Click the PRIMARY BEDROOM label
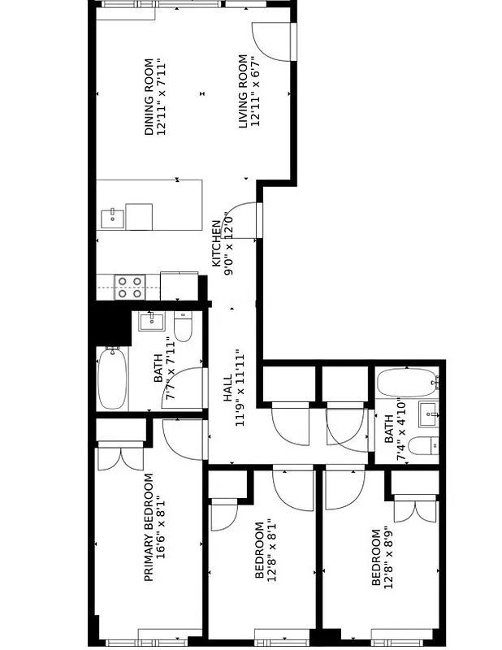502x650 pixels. [149, 528]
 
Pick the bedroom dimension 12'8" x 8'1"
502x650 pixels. [272, 550]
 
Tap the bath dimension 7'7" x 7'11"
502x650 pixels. [171, 370]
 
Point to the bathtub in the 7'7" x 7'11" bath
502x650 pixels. [111, 379]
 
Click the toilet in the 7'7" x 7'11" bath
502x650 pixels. [183, 327]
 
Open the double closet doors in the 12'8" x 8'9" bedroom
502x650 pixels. [415, 510]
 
